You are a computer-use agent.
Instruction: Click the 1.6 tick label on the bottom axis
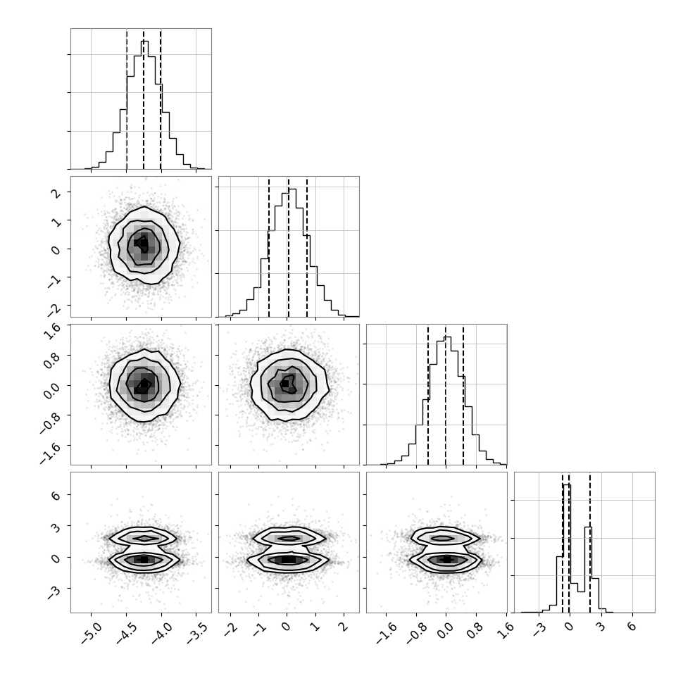(x=506, y=630)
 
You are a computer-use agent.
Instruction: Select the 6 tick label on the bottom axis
(x=632, y=627)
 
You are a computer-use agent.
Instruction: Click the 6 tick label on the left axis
(x=56, y=495)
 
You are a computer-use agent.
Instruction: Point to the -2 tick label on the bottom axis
(x=230, y=629)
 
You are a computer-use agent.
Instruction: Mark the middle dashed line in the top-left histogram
(x=144, y=99)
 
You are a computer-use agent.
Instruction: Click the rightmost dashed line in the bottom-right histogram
(x=590, y=542)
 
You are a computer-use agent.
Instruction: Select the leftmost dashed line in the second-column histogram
(x=269, y=247)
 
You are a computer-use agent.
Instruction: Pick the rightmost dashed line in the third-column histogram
(x=463, y=394)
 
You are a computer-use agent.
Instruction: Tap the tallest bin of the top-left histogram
(x=144, y=104)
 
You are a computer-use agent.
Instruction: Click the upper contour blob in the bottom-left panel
(x=144, y=538)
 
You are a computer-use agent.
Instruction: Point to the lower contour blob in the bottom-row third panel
(x=446, y=559)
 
